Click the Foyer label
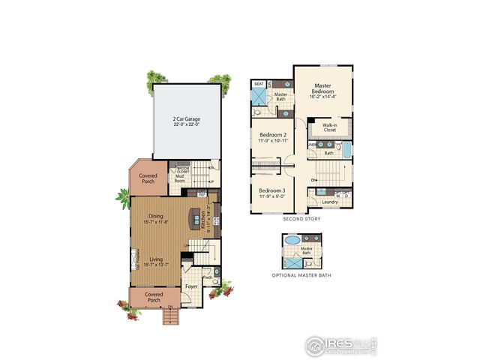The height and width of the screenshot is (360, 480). pyautogui.click(x=192, y=286)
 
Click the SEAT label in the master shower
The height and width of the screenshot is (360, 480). pyautogui.click(x=259, y=84)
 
